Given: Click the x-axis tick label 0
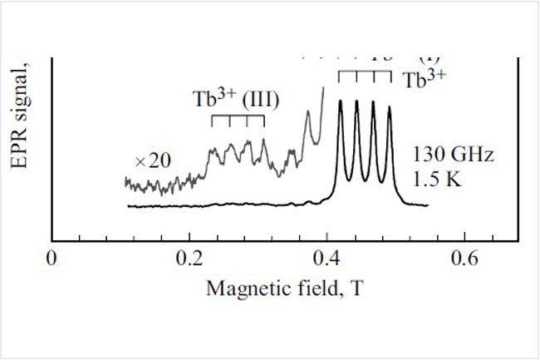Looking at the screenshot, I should [x=52, y=259].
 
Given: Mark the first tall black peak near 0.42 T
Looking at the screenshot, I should [x=341, y=102].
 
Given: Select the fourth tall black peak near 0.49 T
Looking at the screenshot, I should [x=389, y=107].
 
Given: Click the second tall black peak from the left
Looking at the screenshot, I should [x=356, y=102].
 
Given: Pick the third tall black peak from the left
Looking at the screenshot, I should [x=373, y=102].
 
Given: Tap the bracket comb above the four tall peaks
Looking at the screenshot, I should [x=365, y=74].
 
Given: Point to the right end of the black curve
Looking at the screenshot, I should [x=427, y=205].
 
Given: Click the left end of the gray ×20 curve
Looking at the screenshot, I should [x=125, y=180].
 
